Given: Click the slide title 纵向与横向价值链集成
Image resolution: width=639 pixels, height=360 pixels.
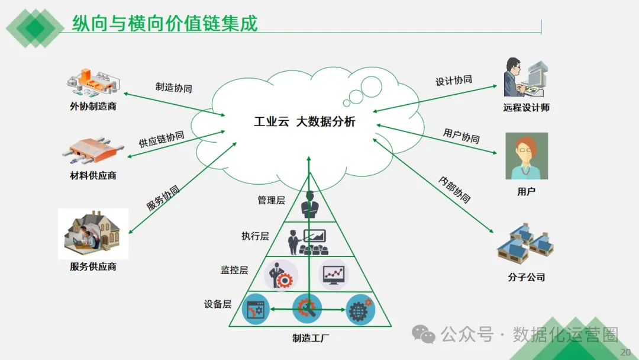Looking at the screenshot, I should click(165, 24).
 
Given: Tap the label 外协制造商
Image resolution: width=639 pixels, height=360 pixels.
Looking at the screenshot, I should click(93, 107).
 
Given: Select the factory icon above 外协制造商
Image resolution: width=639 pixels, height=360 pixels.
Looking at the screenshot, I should click(93, 83).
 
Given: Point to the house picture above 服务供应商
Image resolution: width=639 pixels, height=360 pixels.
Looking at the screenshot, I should click(93, 233).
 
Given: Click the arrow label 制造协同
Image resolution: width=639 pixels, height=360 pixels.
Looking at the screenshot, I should click(173, 88).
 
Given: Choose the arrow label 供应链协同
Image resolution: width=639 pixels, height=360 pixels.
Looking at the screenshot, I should click(162, 139).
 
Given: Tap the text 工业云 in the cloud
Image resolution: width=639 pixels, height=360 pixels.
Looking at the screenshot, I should click(271, 123).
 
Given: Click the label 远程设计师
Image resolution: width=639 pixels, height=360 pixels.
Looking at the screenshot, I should click(527, 108).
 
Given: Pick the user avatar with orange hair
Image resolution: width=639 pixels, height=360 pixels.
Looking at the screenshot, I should click(526, 156).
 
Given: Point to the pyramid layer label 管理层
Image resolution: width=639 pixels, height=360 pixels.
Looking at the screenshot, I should click(271, 200).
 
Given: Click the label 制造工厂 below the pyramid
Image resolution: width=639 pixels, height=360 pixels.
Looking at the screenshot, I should click(311, 339).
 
